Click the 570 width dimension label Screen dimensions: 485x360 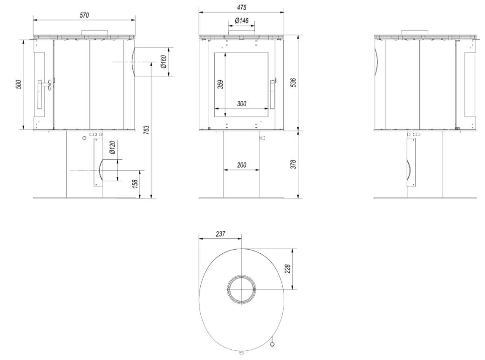pyautogui.click(x=84, y=15)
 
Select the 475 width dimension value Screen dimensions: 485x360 pyautogui.click(x=242, y=7)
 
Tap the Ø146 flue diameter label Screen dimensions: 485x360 pyautogui.click(x=242, y=20)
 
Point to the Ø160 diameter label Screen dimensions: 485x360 pyautogui.click(x=164, y=61)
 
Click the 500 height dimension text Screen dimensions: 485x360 pyautogui.click(x=19, y=84)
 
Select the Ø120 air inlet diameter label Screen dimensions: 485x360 pyautogui.click(x=112, y=148)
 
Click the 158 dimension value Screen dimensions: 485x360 pyautogui.click(x=135, y=183)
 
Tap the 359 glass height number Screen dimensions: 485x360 pyautogui.click(x=220, y=84)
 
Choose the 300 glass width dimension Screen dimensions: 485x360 pyautogui.click(x=242, y=103)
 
